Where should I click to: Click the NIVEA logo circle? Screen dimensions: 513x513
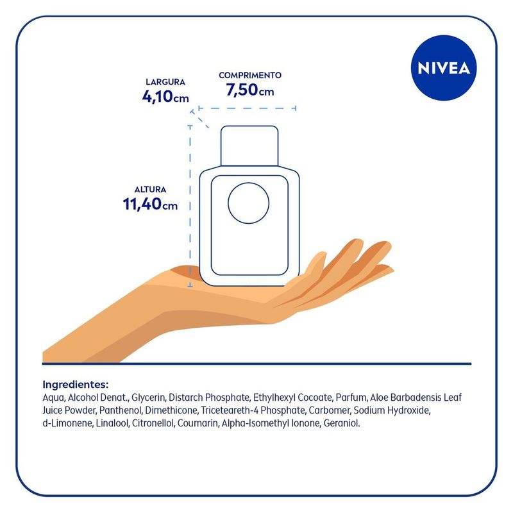pos(444,68)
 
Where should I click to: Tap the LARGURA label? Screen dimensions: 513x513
pos(165,82)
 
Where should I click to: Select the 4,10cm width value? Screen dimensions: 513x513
pos(165,97)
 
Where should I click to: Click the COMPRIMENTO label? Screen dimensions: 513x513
pos(250,75)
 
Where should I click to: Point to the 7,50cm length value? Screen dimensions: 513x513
pos(250,90)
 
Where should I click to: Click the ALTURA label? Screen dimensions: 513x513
pos(150,189)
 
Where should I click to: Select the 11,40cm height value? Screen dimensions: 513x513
pos(150,204)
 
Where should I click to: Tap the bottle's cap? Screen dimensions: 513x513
pos(249,146)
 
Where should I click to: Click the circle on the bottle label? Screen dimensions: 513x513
pos(248,203)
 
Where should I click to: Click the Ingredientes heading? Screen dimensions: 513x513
pos(75,384)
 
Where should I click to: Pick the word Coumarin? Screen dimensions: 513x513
pos(198,423)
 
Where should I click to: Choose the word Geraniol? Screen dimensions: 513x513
pos(342,423)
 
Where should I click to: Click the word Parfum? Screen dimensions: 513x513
pos(352,398)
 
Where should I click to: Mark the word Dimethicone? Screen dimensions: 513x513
pos(171,410)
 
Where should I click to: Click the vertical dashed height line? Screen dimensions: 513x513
pos(190,206)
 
